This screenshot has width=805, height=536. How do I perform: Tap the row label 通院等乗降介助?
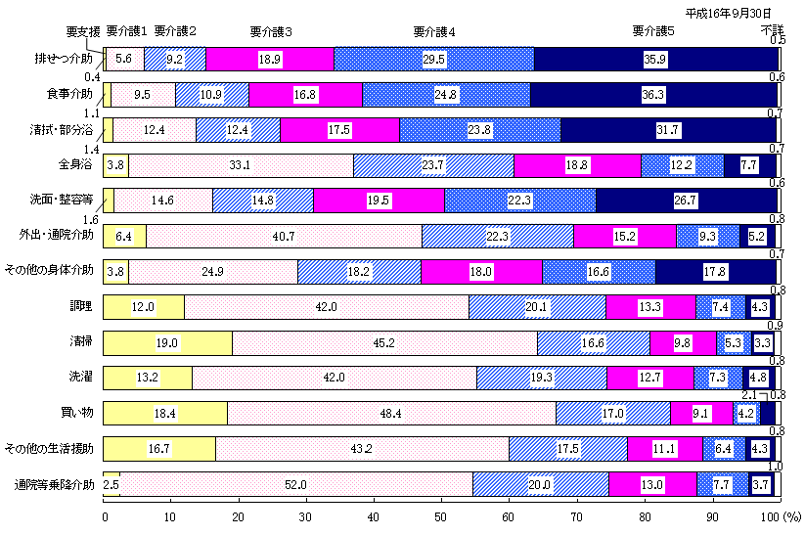click(x=55, y=484)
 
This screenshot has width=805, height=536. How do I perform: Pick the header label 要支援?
click(x=85, y=31)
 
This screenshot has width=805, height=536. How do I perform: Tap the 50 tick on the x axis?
click(x=440, y=515)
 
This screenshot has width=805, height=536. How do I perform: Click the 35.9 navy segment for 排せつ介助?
click(x=655, y=59)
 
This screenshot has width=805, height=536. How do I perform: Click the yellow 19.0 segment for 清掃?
click(x=166, y=342)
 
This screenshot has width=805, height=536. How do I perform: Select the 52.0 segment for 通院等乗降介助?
click(x=295, y=484)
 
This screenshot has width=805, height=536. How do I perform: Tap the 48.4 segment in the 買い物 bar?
click(x=390, y=413)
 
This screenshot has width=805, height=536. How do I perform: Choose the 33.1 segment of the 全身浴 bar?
click(x=241, y=165)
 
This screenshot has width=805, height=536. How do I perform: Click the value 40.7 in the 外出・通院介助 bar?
click(x=283, y=236)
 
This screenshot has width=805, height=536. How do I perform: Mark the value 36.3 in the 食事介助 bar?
click(x=653, y=94)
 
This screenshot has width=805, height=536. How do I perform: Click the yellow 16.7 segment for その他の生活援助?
click(x=158, y=448)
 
